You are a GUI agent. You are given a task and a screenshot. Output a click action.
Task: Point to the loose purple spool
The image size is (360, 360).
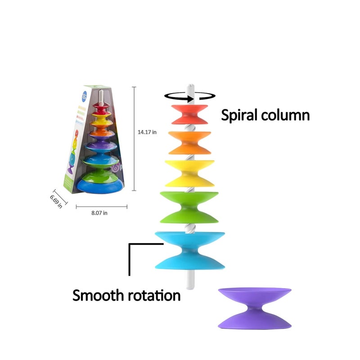point(254,308)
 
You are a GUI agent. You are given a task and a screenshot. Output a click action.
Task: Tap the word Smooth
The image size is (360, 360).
point(100,296)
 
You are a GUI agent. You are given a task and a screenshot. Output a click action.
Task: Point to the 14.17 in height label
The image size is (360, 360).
point(147,132)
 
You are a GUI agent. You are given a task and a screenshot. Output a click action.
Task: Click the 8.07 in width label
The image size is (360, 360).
point(99,213)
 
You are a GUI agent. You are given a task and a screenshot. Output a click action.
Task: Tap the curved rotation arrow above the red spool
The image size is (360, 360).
point(189,95)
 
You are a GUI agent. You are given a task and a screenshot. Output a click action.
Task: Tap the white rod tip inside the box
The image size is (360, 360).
point(102,95)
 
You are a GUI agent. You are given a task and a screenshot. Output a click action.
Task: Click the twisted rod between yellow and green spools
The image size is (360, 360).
point(189,189)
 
